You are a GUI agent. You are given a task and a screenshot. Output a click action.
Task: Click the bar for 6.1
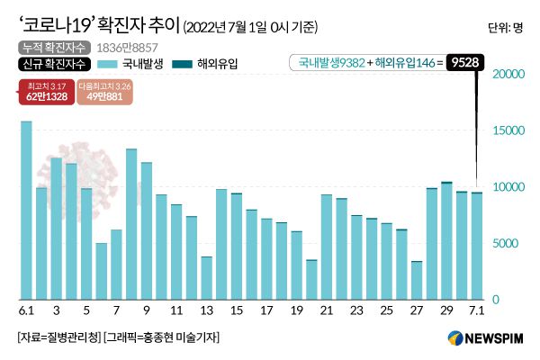(26, 211)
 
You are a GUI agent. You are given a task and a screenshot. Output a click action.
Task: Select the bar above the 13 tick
(206, 278)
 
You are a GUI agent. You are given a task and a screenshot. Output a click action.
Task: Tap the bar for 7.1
(476, 246)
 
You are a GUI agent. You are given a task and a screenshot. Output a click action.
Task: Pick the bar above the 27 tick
(417, 280)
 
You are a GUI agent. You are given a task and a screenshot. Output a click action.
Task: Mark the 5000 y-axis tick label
(508, 243)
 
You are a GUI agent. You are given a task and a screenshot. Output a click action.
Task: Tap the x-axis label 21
(327, 310)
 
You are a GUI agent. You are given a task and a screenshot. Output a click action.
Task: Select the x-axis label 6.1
(26, 310)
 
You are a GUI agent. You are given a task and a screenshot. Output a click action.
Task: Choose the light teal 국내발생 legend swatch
(106, 65)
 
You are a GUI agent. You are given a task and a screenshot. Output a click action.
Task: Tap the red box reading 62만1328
(44, 94)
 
